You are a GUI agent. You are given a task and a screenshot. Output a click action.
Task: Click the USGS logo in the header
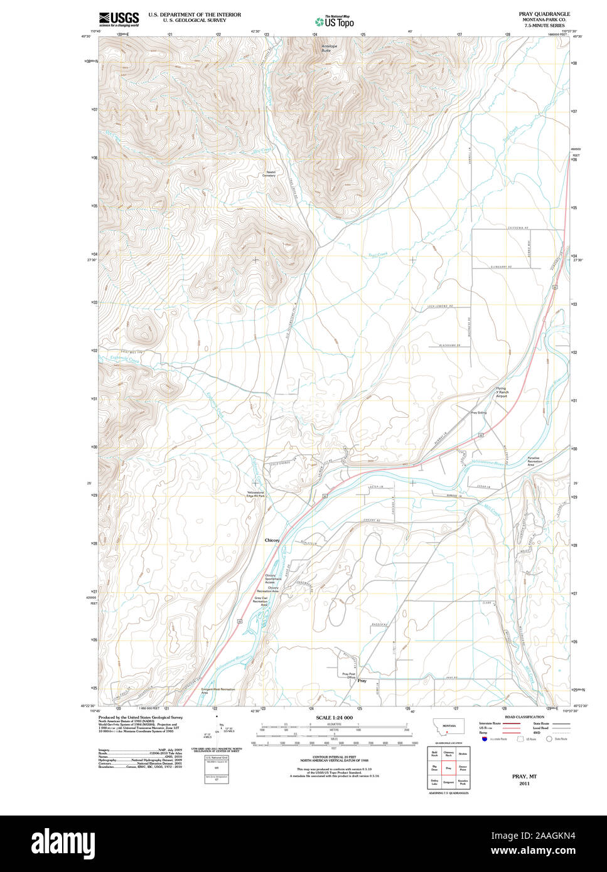click(119, 18)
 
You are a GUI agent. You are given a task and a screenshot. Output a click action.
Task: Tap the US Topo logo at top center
click(335, 21)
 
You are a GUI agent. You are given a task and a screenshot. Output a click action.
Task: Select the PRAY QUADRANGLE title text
click(544, 13)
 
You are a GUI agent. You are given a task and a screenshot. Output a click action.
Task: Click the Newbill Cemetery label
click(269, 173)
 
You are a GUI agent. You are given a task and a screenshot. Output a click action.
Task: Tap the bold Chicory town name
click(272, 540)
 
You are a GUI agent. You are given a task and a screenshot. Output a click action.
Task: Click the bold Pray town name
click(362, 681)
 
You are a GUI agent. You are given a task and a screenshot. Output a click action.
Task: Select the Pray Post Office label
click(349, 676)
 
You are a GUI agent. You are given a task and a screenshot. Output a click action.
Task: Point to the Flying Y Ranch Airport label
click(501, 392)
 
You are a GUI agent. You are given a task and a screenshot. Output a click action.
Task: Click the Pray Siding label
click(479, 413)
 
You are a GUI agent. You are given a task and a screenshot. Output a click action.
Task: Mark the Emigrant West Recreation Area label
click(218, 691)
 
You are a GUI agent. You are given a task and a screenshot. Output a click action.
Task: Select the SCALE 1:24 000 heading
click(334, 718)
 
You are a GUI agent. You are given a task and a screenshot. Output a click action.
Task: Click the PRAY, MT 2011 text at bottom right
click(520, 780)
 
